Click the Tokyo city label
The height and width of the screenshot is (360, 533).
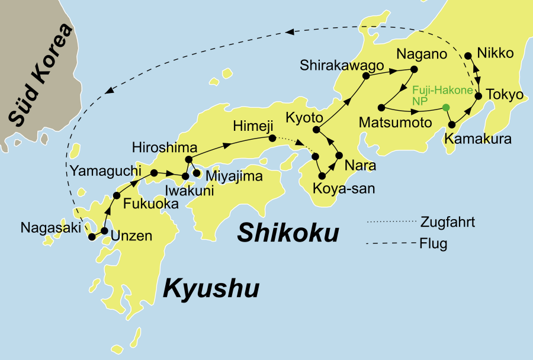pos(505,95)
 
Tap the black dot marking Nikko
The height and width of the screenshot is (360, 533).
pos(468,56)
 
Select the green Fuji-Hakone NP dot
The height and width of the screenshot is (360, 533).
pos(446,107)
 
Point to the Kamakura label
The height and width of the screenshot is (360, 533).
pos(474,141)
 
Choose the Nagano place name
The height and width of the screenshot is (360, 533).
pos(421,54)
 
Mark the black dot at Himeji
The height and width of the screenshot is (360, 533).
pos(272,139)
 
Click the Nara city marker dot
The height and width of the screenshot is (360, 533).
pos(339,156)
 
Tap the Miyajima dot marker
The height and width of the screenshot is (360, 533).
pos(197,173)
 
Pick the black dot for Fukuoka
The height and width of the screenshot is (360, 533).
pos(117,195)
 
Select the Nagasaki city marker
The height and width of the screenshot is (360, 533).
pos(92,237)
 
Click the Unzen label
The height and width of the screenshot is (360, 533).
pos(131,236)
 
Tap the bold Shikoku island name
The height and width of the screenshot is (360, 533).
pos(288,233)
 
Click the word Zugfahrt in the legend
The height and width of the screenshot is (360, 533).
pos(448,223)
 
